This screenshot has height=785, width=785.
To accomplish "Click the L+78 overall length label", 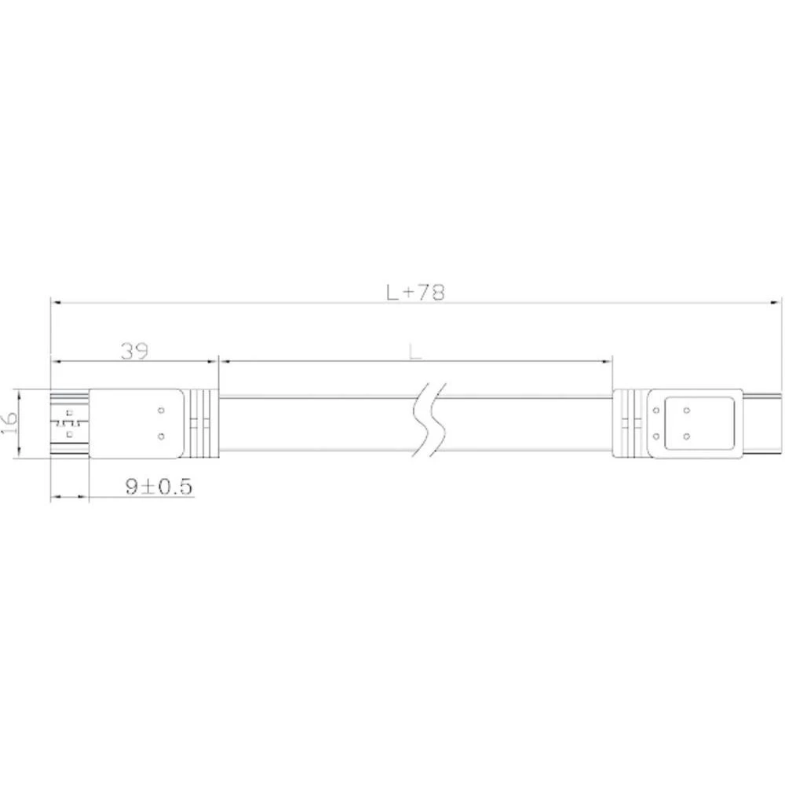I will pyautogui.click(x=415, y=292).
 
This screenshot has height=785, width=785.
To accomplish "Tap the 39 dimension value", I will pyautogui.click(x=135, y=351).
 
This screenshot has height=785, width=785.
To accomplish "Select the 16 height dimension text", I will pyautogui.click(x=9, y=423).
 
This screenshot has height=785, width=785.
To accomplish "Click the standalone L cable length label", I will pyautogui.click(x=415, y=352).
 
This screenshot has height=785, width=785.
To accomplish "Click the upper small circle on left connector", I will pyautogui.click(x=161, y=410).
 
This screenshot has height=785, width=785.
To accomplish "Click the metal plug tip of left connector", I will pyautogui.click(x=69, y=423).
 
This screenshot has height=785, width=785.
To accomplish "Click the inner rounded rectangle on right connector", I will pyautogui.click(x=699, y=423).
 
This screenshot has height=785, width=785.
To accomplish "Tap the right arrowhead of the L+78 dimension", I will pyautogui.click(x=777, y=301).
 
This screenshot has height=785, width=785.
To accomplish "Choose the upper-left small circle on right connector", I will pyautogui.click(x=655, y=410).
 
